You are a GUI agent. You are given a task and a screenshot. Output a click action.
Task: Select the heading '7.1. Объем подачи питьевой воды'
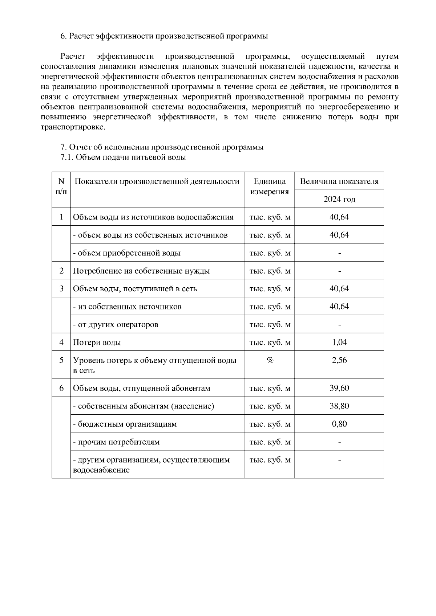[x=123, y=157]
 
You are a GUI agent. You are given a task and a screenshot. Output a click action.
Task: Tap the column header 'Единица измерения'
[x=270, y=186]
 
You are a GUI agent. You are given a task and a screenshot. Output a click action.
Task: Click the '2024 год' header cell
[x=339, y=199]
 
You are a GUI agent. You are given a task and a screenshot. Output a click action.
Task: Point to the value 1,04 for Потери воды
[x=339, y=342]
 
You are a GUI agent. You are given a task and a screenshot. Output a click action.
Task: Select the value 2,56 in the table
[x=339, y=360]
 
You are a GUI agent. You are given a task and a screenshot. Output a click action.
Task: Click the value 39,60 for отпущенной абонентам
[x=339, y=388]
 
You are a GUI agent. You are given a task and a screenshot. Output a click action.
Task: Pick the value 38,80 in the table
[x=339, y=406]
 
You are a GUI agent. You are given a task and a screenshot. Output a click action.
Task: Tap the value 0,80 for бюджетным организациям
[x=339, y=424]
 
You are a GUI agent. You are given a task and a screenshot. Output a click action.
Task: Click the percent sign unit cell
[x=270, y=360]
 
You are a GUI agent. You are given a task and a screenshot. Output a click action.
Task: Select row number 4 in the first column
[x=61, y=342]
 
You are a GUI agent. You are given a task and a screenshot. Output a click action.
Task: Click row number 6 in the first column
[x=61, y=388]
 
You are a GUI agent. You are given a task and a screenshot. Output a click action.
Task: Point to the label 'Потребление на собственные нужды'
[x=141, y=271]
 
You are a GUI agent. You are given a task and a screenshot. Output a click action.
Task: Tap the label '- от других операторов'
[x=116, y=324]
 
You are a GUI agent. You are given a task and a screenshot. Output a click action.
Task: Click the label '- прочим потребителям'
[x=116, y=442]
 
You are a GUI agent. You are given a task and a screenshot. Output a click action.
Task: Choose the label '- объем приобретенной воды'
[x=127, y=253]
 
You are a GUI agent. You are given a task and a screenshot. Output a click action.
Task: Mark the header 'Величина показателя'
[x=339, y=181]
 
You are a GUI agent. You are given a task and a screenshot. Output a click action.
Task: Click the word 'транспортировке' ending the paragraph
[x=73, y=127]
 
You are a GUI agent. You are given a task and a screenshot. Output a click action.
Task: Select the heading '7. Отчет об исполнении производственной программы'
[x=162, y=147]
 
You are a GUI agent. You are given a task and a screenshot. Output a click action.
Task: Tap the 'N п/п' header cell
[x=61, y=186]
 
